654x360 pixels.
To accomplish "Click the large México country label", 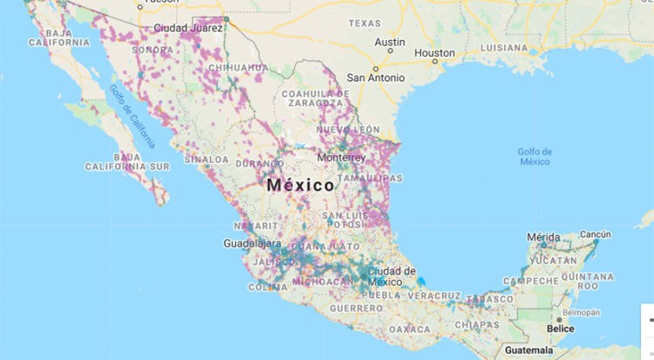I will (x=300, y=186).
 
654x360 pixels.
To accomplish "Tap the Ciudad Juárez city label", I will (x=188, y=28).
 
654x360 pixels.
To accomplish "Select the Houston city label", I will (x=434, y=53).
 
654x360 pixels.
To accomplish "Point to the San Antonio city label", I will (x=376, y=78).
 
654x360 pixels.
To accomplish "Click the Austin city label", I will (x=390, y=42).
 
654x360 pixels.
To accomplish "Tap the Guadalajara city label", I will (x=252, y=243).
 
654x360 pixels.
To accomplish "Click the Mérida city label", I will (x=544, y=236).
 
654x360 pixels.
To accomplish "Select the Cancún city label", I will (x=596, y=234).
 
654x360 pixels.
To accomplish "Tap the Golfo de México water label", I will (x=534, y=157).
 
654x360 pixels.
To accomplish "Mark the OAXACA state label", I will (x=411, y=329).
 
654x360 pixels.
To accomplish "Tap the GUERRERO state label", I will (x=356, y=309).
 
